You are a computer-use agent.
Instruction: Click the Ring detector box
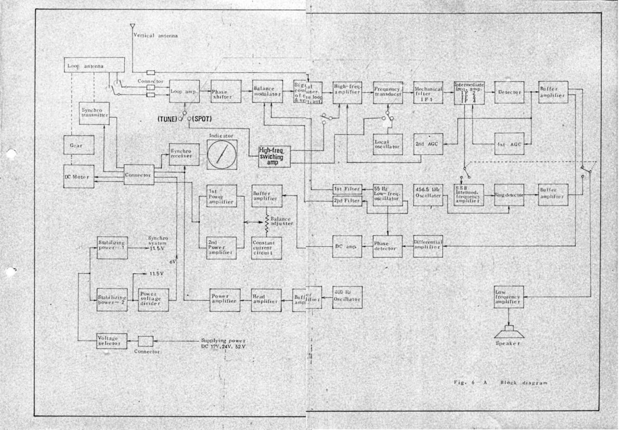tap(509, 195)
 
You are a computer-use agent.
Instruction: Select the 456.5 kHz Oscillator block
tap(428, 195)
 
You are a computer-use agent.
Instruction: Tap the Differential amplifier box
tap(428, 245)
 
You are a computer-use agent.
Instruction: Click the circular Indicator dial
tap(222, 154)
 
